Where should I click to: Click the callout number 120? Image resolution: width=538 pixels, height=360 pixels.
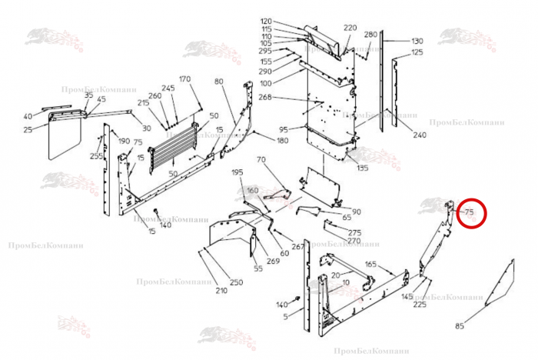pos(267,21)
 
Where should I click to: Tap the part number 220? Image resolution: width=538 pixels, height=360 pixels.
pos(350,28)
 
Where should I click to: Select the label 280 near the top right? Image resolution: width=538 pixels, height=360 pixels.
pos(370,35)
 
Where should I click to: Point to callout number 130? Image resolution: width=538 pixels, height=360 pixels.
pos(417,41)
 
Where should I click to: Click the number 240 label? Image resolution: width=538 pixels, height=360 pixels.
pos(420,135)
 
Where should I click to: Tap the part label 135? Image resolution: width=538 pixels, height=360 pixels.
pos(363,167)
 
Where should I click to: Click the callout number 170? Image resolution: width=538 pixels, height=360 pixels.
pos(184,79)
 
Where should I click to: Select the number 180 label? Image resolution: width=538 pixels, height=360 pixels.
pos(283,141)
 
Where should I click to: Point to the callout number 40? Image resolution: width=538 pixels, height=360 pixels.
pos(28,117)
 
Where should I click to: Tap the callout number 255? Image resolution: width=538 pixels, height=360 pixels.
pos(95,156)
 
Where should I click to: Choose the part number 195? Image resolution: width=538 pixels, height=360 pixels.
pos(237,172)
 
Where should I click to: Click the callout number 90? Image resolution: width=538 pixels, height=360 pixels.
pos(357,212)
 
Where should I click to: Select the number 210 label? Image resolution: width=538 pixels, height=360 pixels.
pos(221,291)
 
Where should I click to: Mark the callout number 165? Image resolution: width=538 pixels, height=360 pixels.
pos(370,264)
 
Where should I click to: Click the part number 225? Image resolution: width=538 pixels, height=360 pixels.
pos(420,305)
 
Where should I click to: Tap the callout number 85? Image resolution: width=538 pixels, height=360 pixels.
pos(460,326)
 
